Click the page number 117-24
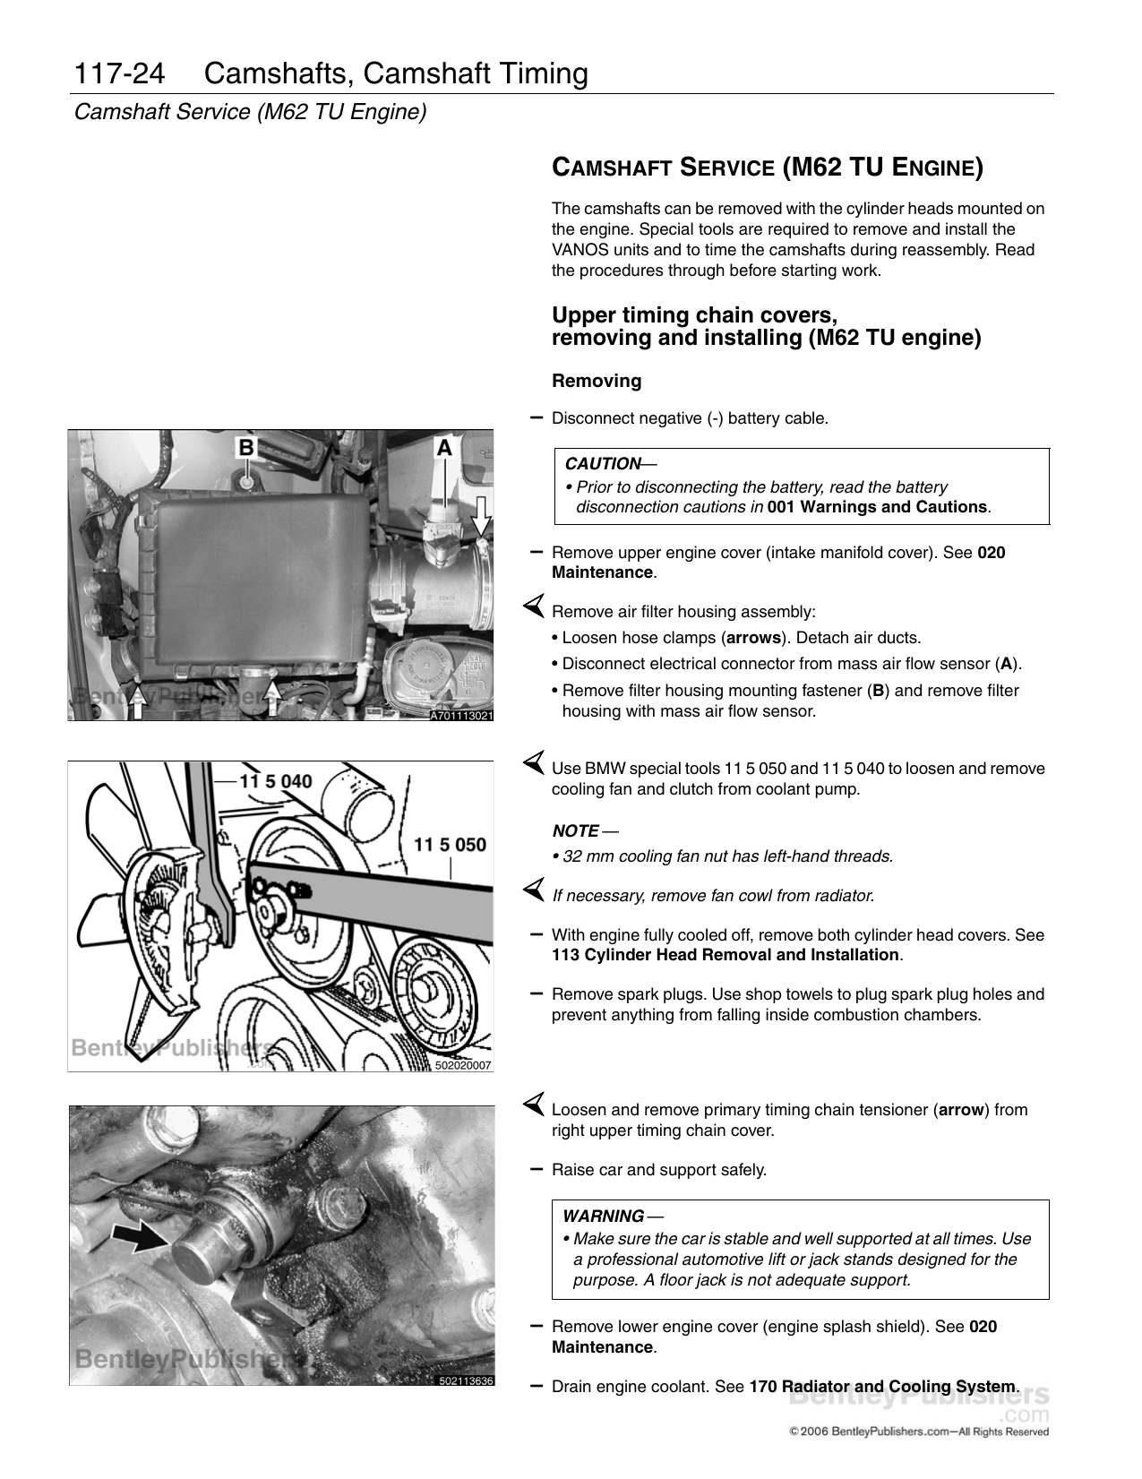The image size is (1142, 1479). click(120, 74)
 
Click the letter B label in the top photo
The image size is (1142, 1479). click(245, 447)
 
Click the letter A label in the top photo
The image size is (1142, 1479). click(443, 447)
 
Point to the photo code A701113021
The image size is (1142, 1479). click(460, 715)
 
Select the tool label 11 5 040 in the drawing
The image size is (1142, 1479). click(274, 780)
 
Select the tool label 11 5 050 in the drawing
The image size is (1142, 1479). click(450, 844)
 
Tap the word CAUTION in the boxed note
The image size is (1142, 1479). click(602, 464)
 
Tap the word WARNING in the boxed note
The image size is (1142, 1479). click(603, 1217)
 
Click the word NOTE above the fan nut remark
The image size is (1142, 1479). click(575, 831)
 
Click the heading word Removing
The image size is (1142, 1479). click(597, 382)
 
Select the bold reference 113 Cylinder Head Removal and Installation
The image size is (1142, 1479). click(726, 955)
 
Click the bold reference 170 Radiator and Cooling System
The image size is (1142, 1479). click(882, 1387)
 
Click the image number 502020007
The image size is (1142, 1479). click(463, 1066)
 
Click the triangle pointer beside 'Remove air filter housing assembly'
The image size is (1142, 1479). click(534, 609)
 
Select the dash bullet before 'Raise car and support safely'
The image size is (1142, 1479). click(536, 1169)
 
